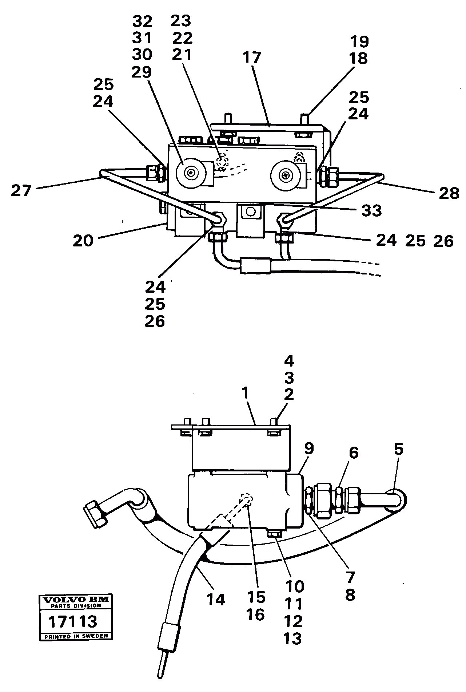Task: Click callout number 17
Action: click(252, 58)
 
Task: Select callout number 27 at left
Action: click(21, 190)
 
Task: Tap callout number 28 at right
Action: click(449, 193)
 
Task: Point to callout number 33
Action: click(371, 211)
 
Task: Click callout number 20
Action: click(83, 241)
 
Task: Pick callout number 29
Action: click(142, 72)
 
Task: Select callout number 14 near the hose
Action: click(216, 599)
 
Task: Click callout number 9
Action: click(309, 448)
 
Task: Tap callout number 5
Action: click(399, 449)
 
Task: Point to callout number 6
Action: click(353, 453)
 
